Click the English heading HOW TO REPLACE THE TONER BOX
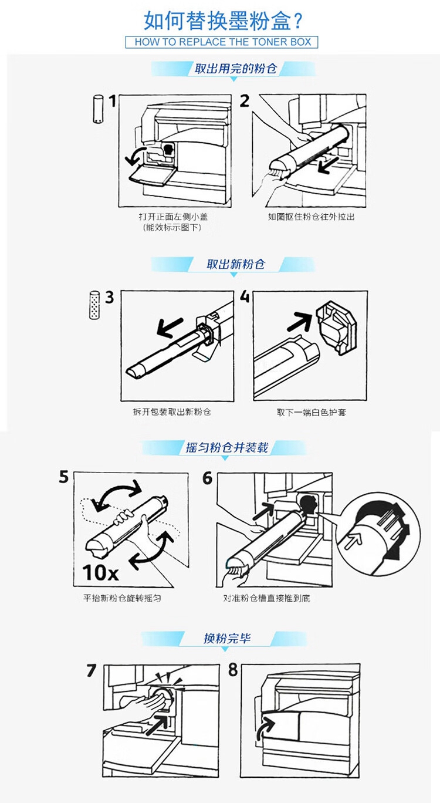[222, 42]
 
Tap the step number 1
[113, 101]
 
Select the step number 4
[245, 297]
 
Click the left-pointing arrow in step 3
[170, 328]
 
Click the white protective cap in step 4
[337, 328]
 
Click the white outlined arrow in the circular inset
[353, 539]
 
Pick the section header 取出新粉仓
[235, 265]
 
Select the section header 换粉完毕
[227, 639]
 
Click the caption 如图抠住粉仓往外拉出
[311, 217]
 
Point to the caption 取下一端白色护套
[311, 412]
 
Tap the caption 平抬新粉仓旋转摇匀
[122, 598]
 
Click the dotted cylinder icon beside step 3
[94, 305]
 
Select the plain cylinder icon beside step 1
[98, 109]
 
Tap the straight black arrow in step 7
[158, 724]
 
